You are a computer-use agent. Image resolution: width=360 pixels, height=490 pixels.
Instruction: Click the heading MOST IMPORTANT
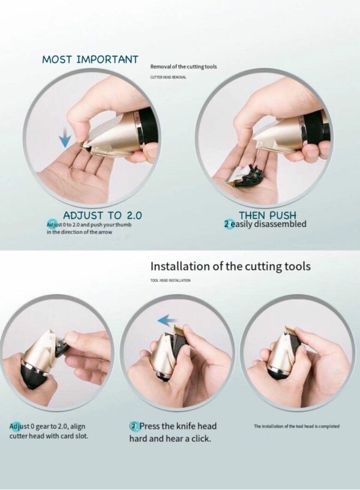(90, 59)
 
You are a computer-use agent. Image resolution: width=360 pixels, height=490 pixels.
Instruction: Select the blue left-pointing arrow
(167, 320)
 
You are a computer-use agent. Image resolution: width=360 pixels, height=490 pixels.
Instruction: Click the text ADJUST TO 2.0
(103, 216)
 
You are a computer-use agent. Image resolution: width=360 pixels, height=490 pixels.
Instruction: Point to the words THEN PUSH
(268, 215)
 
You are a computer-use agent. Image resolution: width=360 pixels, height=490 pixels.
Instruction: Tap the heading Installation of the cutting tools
(230, 266)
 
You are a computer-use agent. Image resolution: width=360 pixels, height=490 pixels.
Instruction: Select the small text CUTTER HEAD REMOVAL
(168, 77)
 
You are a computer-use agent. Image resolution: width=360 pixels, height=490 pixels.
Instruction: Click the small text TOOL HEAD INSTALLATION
(170, 280)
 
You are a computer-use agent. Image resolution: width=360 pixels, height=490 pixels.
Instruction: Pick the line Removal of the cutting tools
(183, 67)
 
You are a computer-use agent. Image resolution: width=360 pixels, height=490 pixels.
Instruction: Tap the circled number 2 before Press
(133, 426)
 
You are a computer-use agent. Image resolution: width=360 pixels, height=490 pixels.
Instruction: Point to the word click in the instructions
(200, 438)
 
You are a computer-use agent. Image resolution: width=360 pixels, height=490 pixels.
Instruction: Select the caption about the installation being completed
(296, 426)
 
